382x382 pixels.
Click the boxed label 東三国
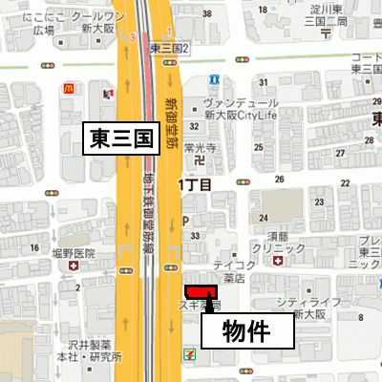coord(121,138)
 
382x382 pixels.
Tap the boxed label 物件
coord(243,332)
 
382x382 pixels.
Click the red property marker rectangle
coord(202,291)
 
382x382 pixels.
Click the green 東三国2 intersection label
coord(169,48)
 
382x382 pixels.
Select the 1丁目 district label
coord(192,180)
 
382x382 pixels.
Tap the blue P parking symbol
coord(185,219)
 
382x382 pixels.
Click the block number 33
coord(195,234)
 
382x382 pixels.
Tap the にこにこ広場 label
coord(29,23)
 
